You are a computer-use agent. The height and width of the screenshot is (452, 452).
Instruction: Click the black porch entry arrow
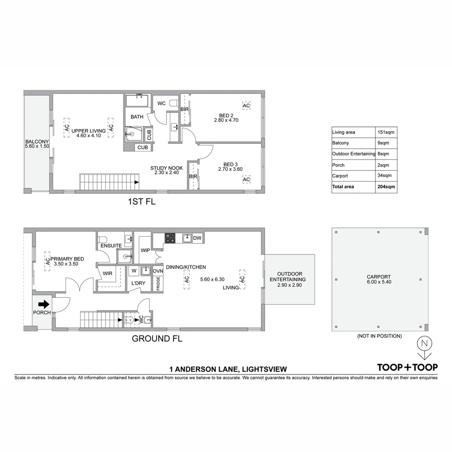(x=44, y=304)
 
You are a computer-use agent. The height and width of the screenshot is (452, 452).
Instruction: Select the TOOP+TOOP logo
(x=407, y=367)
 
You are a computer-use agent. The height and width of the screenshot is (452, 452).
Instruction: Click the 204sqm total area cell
(x=386, y=187)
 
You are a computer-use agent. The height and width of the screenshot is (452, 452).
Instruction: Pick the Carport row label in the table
(x=340, y=176)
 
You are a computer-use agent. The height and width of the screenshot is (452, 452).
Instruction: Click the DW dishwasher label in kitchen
(x=198, y=238)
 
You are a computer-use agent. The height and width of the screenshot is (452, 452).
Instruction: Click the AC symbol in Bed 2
(x=246, y=106)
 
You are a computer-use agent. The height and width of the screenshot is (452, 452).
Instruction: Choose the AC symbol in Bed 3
(x=246, y=180)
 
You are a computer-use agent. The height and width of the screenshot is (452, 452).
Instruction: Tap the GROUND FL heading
(x=157, y=339)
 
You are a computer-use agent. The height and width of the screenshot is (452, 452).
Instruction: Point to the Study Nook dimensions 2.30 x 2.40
(x=167, y=172)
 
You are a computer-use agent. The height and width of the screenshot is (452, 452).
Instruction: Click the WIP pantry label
(x=145, y=250)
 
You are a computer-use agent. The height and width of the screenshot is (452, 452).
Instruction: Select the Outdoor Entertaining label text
(x=288, y=277)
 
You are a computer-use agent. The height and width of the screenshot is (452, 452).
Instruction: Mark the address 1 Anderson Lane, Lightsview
(x=228, y=369)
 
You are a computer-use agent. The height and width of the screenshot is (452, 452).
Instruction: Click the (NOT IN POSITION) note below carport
(x=379, y=336)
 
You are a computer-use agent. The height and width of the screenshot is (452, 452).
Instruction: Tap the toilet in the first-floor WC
(x=176, y=103)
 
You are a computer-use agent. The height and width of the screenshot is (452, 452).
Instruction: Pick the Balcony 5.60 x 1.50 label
(x=37, y=144)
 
